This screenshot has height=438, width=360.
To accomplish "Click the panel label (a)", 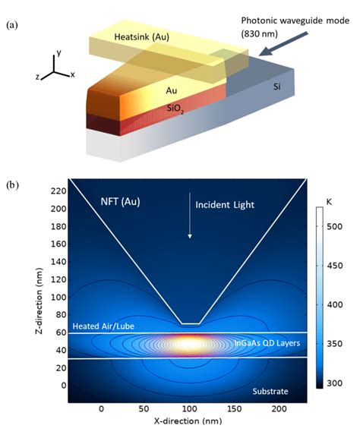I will (13, 26).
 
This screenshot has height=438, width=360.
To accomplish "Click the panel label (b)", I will (13, 185).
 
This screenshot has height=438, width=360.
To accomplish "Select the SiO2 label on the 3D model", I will (177, 108).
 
